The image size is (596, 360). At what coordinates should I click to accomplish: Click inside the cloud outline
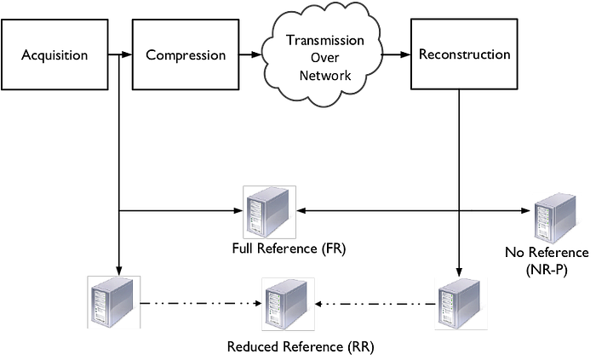[x=321, y=53]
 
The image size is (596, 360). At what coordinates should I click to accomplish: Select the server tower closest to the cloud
[x=268, y=212]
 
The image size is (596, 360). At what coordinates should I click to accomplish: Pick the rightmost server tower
[x=556, y=218]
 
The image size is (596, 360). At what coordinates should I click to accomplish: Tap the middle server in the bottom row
[x=287, y=304]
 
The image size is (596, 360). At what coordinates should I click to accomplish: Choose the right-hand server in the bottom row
[x=460, y=304]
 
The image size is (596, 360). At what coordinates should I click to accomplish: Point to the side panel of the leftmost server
[x=123, y=303]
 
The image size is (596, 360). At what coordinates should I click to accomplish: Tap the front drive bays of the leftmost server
[x=100, y=305]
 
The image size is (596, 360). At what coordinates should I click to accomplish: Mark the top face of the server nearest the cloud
[x=271, y=192]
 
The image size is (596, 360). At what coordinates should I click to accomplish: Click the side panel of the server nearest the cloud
[x=278, y=214]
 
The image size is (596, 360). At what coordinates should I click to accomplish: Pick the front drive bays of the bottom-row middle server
[x=274, y=307]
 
